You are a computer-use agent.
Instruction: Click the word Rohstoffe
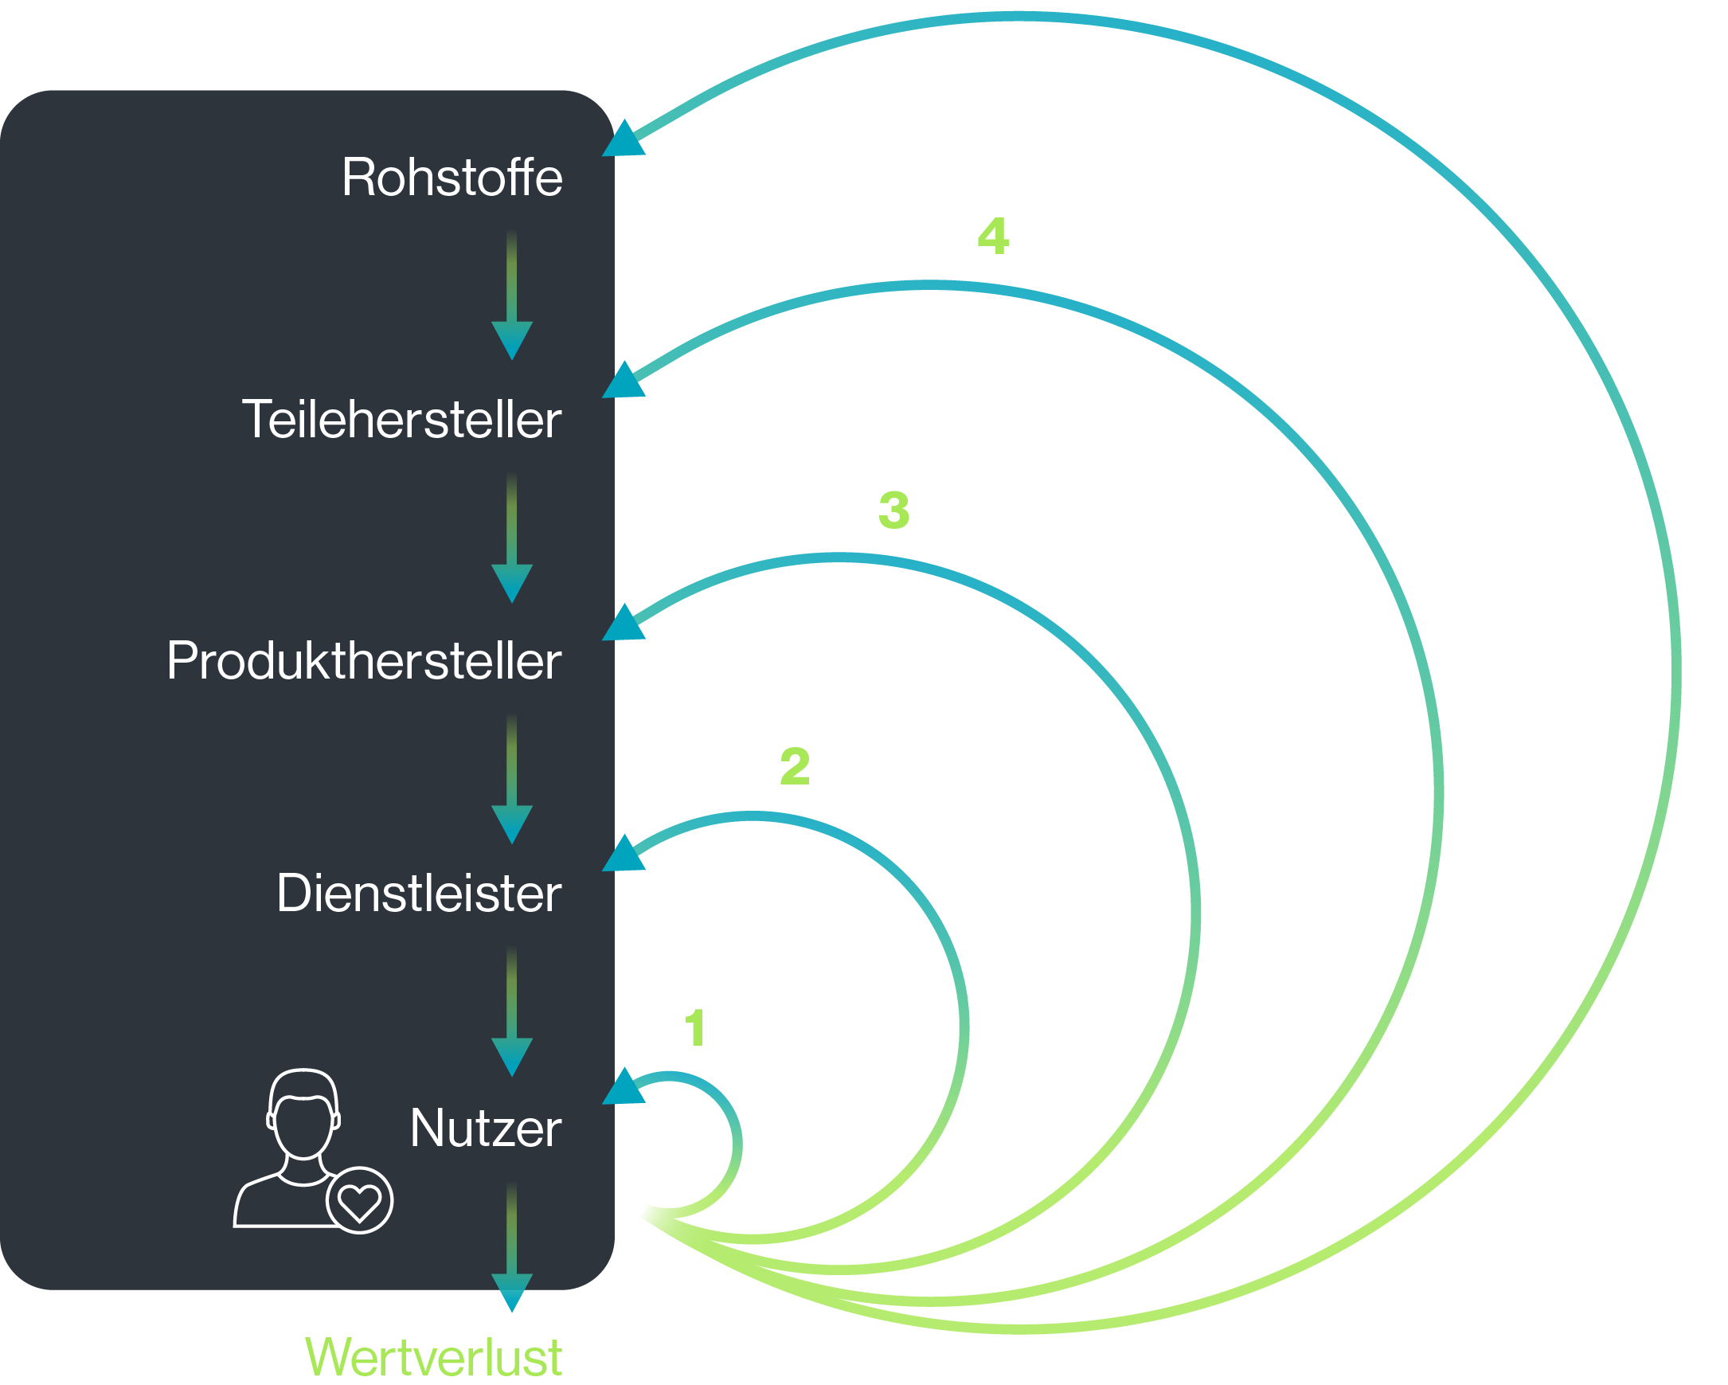click(452, 177)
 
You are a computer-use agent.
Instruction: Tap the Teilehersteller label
click(401, 419)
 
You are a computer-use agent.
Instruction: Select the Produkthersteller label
click(364, 661)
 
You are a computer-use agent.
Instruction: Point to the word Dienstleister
click(418, 894)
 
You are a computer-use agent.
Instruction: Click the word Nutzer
click(485, 1129)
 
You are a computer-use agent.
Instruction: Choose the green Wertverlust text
click(434, 1358)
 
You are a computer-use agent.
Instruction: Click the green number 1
click(695, 1028)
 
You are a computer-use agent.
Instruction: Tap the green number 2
click(795, 766)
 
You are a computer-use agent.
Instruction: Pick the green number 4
click(993, 237)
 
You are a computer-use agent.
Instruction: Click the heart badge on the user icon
click(359, 1200)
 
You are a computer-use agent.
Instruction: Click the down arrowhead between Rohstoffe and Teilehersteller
click(511, 339)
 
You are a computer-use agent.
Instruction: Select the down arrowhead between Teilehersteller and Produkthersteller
click(511, 582)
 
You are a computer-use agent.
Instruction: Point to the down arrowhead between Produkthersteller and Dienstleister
click(511, 824)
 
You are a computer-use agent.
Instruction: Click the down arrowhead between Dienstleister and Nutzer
click(511, 1055)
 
